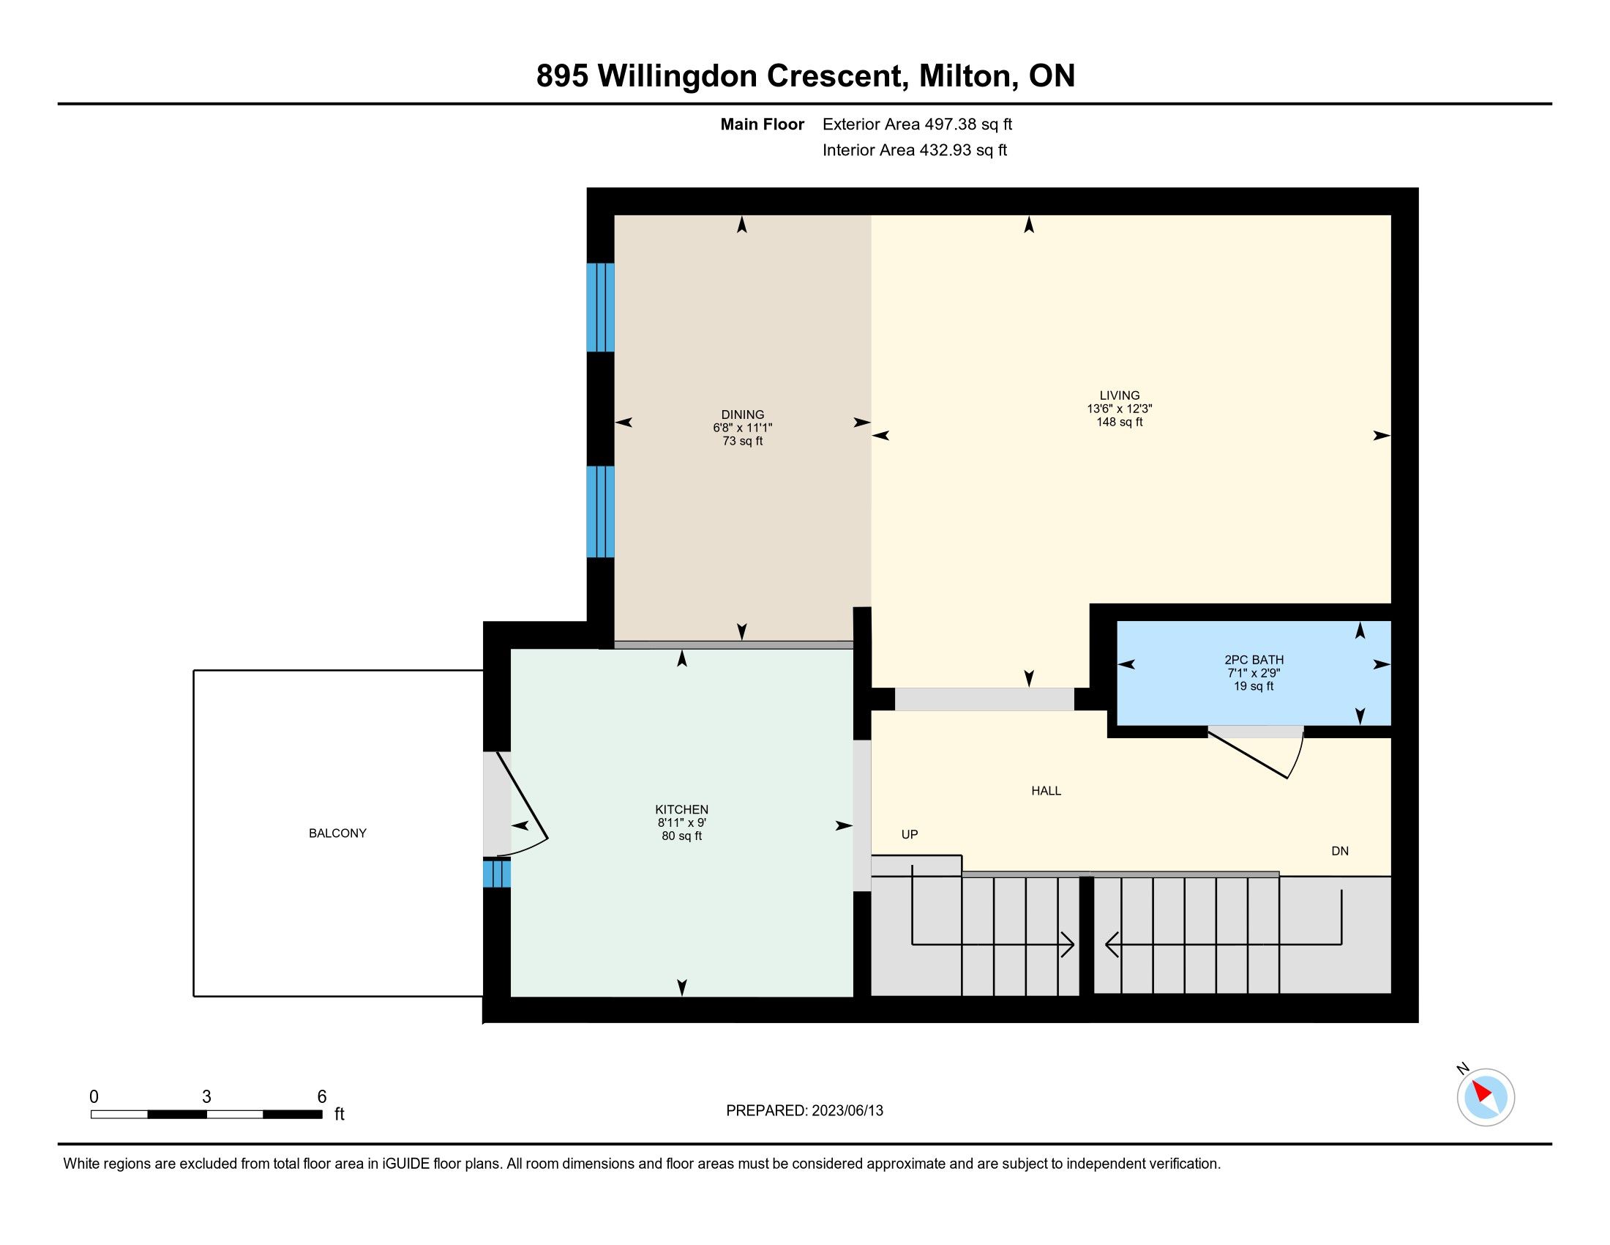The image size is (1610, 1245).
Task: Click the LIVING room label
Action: tap(1119, 395)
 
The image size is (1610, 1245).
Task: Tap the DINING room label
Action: tap(742, 415)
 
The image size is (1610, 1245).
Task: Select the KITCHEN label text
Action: tap(682, 809)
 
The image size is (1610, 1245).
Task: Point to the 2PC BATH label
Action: tap(1254, 660)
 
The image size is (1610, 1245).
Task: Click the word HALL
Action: tap(1046, 791)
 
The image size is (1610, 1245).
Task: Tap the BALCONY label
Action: tap(337, 833)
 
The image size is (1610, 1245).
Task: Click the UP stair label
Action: tap(910, 834)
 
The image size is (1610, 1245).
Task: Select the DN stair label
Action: tap(1340, 850)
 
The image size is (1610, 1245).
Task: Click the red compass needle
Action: tap(1482, 1093)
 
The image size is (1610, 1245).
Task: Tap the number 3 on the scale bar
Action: tap(206, 1097)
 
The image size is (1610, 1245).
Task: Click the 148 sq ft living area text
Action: tap(1119, 422)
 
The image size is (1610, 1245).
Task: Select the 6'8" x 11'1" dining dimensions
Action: tap(742, 428)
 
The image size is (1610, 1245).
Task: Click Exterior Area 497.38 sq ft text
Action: tap(917, 124)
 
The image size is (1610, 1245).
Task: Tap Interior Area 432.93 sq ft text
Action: tap(914, 149)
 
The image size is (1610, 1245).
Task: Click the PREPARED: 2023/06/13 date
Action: tap(804, 1110)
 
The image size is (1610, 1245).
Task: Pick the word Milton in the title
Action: tap(965, 76)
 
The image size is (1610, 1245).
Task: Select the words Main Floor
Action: tap(763, 124)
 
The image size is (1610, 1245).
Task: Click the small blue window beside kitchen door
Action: tap(497, 873)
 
